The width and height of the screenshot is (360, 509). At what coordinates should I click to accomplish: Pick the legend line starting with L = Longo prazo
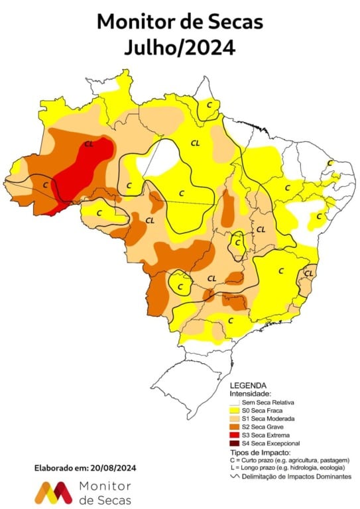(x=286, y=467)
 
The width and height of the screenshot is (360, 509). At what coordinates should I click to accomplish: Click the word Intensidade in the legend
(x=251, y=394)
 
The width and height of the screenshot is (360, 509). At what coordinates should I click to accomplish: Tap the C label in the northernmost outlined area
(x=209, y=105)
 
